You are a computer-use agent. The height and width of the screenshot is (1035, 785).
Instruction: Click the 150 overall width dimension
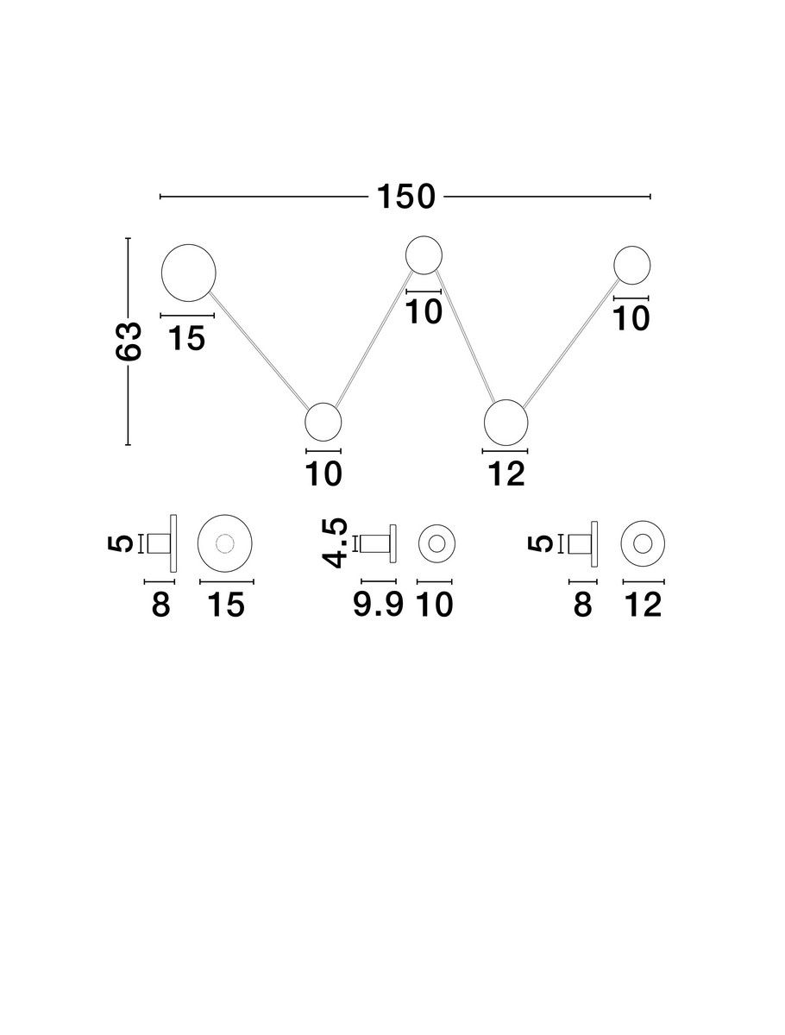click(x=405, y=198)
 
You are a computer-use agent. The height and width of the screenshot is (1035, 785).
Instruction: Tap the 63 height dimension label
click(x=129, y=342)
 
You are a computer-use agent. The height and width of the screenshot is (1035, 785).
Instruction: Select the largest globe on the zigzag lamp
click(x=189, y=273)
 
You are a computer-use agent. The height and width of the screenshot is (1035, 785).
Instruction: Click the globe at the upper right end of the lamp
click(x=632, y=264)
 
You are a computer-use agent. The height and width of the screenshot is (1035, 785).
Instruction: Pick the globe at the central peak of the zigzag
click(x=424, y=254)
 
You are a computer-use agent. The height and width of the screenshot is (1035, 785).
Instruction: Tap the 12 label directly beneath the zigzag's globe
click(x=506, y=474)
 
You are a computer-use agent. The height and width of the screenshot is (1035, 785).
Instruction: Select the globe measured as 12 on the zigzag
click(x=506, y=423)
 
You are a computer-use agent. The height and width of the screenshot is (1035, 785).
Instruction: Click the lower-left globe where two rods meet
click(x=323, y=422)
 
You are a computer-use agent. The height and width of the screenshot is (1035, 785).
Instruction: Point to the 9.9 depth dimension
click(x=379, y=605)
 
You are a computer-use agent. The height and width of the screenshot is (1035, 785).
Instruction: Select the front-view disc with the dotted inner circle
click(x=225, y=543)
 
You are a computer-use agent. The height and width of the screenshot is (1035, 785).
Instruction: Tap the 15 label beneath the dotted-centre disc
click(x=226, y=605)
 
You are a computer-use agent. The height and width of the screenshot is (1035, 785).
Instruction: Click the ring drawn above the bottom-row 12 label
click(x=643, y=543)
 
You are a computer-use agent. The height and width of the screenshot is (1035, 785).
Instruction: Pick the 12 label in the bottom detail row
click(x=643, y=605)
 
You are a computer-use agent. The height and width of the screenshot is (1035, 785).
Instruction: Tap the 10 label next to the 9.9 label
click(x=436, y=605)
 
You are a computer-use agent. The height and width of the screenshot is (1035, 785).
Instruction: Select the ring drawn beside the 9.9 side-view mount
click(x=436, y=543)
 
